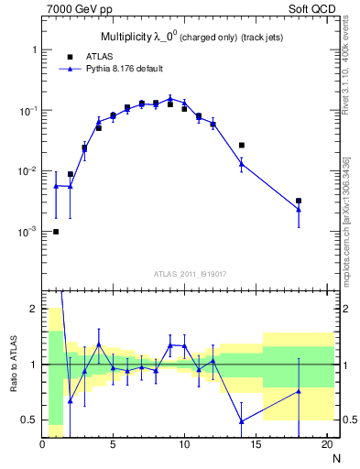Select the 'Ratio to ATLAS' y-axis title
pos(14,365)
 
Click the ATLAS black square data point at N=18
pos(299,201)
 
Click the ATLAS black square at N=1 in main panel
pos(56,232)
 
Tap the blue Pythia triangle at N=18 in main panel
pos(299,210)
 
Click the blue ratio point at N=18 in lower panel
pos(299,392)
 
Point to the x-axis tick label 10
pos(184,446)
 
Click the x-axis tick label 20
pos(326,446)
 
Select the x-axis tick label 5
pos(113,446)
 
